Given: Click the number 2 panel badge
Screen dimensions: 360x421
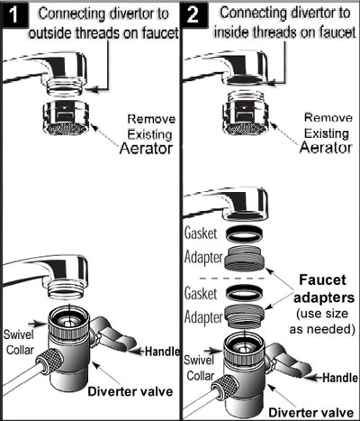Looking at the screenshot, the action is pyautogui.click(x=193, y=14).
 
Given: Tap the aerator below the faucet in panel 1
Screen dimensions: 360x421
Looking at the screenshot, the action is pyautogui.click(x=67, y=118).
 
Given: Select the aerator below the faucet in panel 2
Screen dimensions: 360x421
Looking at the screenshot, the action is pyautogui.click(x=246, y=113).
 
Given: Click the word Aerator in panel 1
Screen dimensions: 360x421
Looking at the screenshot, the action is pyautogui.click(x=146, y=149).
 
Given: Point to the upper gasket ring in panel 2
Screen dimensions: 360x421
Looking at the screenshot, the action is pyautogui.click(x=245, y=233).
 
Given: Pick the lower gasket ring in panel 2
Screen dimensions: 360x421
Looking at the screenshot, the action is pyautogui.click(x=245, y=293).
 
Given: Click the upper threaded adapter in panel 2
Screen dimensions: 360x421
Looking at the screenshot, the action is pyautogui.click(x=245, y=260).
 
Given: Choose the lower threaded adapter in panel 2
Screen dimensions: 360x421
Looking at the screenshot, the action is pyautogui.click(x=244, y=316).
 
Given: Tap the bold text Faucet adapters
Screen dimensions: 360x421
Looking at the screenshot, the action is pyautogui.click(x=324, y=288).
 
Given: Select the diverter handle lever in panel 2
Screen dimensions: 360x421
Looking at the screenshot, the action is pyautogui.click(x=288, y=360).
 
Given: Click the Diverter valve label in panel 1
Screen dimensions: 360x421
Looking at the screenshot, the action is pyautogui.click(x=130, y=391).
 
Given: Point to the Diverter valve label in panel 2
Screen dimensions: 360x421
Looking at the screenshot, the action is pyautogui.click(x=311, y=413).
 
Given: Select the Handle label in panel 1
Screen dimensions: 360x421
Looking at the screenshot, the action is pyautogui.click(x=162, y=352).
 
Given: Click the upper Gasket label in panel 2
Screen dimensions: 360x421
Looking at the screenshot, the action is pyautogui.click(x=201, y=233).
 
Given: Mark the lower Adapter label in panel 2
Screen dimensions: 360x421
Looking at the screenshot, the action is pyautogui.click(x=203, y=317).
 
